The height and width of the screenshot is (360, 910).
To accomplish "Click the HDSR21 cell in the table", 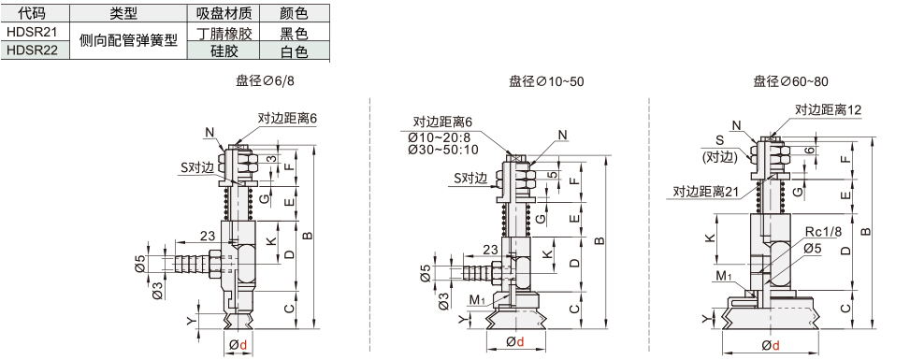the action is pyautogui.click(x=35, y=32).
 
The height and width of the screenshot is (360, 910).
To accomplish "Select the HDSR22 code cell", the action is pyautogui.click(x=35, y=50).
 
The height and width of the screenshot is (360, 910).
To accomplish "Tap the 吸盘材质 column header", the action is pyautogui.click(x=224, y=13).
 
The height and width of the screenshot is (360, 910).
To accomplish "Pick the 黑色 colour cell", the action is pyautogui.click(x=294, y=33).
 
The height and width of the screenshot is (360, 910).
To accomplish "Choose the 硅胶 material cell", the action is pyautogui.click(x=224, y=51).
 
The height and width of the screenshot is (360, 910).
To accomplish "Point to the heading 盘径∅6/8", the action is pyautogui.click(x=265, y=81).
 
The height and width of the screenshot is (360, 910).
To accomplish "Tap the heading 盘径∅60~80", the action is pyautogui.click(x=790, y=81).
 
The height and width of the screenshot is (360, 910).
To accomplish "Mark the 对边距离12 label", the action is pyautogui.click(x=829, y=109).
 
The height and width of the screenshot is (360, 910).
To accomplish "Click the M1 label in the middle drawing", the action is pyautogui.click(x=476, y=299).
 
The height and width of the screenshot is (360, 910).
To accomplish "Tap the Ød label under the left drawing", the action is pyautogui.click(x=238, y=345).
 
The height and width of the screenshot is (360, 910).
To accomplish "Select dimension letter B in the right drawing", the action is pyautogui.click(x=865, y=231).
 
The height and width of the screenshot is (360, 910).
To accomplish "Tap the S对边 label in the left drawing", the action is pyautogui.click(x=197, y=167).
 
